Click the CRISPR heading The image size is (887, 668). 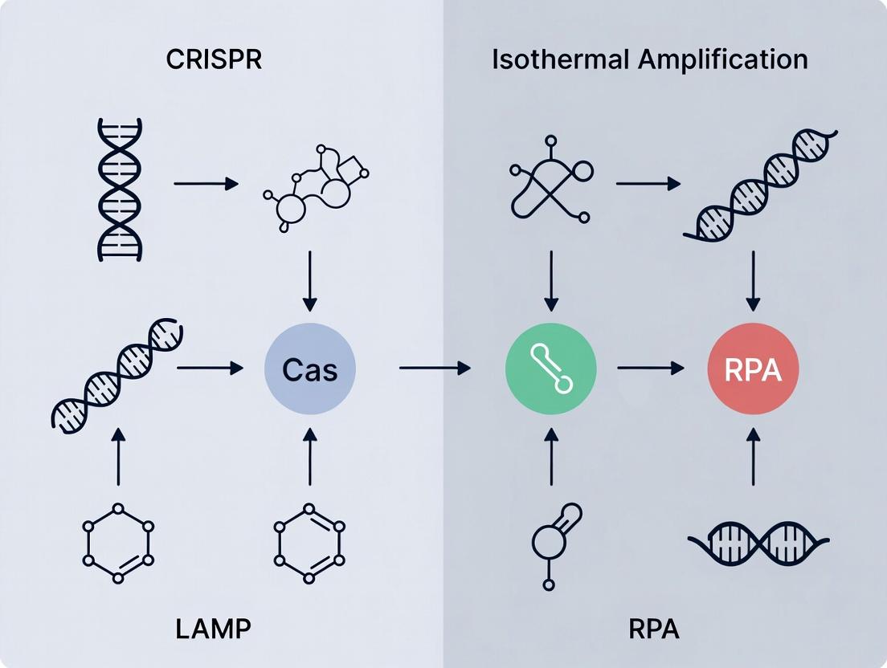point(214,59)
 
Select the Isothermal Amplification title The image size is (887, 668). point(649,59)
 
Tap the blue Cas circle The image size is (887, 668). point(309,369)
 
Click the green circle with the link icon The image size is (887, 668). point(550,369)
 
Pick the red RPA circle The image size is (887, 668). point(753,369)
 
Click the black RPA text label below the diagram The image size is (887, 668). point(652,629)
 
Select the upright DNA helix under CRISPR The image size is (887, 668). point(119,189)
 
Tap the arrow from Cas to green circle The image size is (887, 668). point(434,369)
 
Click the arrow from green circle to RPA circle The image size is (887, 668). point(651,369)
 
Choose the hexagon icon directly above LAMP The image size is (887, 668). point(119,544)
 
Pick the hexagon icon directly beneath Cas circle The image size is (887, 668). point(309,544)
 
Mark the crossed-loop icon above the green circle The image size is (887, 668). point(550,189)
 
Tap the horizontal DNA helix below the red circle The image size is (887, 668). point(758,544)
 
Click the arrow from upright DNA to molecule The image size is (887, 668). point(206,184)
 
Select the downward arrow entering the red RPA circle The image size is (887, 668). point(753,281)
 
